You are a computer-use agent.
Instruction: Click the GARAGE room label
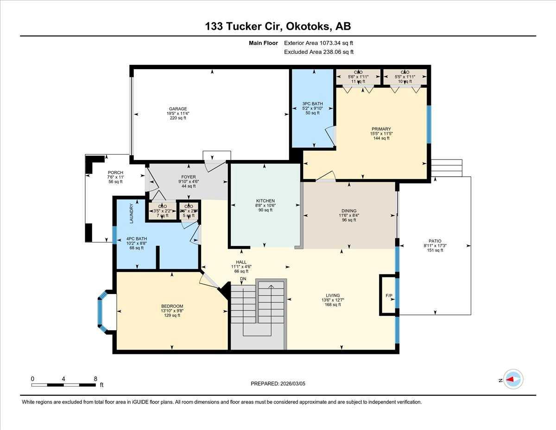(178, 109)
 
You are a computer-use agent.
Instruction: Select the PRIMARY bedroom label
(381, 129)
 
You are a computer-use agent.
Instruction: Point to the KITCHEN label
(265, 201)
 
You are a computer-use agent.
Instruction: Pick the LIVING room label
(333, 295)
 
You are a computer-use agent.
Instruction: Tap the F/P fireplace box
(388, 295)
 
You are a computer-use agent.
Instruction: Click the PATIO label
(435, 241)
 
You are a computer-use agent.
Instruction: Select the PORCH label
(115, 173)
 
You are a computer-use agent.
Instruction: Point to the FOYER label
(189, 177)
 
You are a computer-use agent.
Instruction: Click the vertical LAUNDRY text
(132, 213)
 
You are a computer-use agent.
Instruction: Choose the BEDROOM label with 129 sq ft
(172, 306)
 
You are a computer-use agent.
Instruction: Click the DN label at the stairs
(243, 278)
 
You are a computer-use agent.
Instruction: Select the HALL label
(241, 262)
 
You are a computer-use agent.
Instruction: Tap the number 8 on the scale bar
(95, 379)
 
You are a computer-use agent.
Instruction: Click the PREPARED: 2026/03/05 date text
(278, 384)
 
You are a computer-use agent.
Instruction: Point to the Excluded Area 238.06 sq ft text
(319, 52)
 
